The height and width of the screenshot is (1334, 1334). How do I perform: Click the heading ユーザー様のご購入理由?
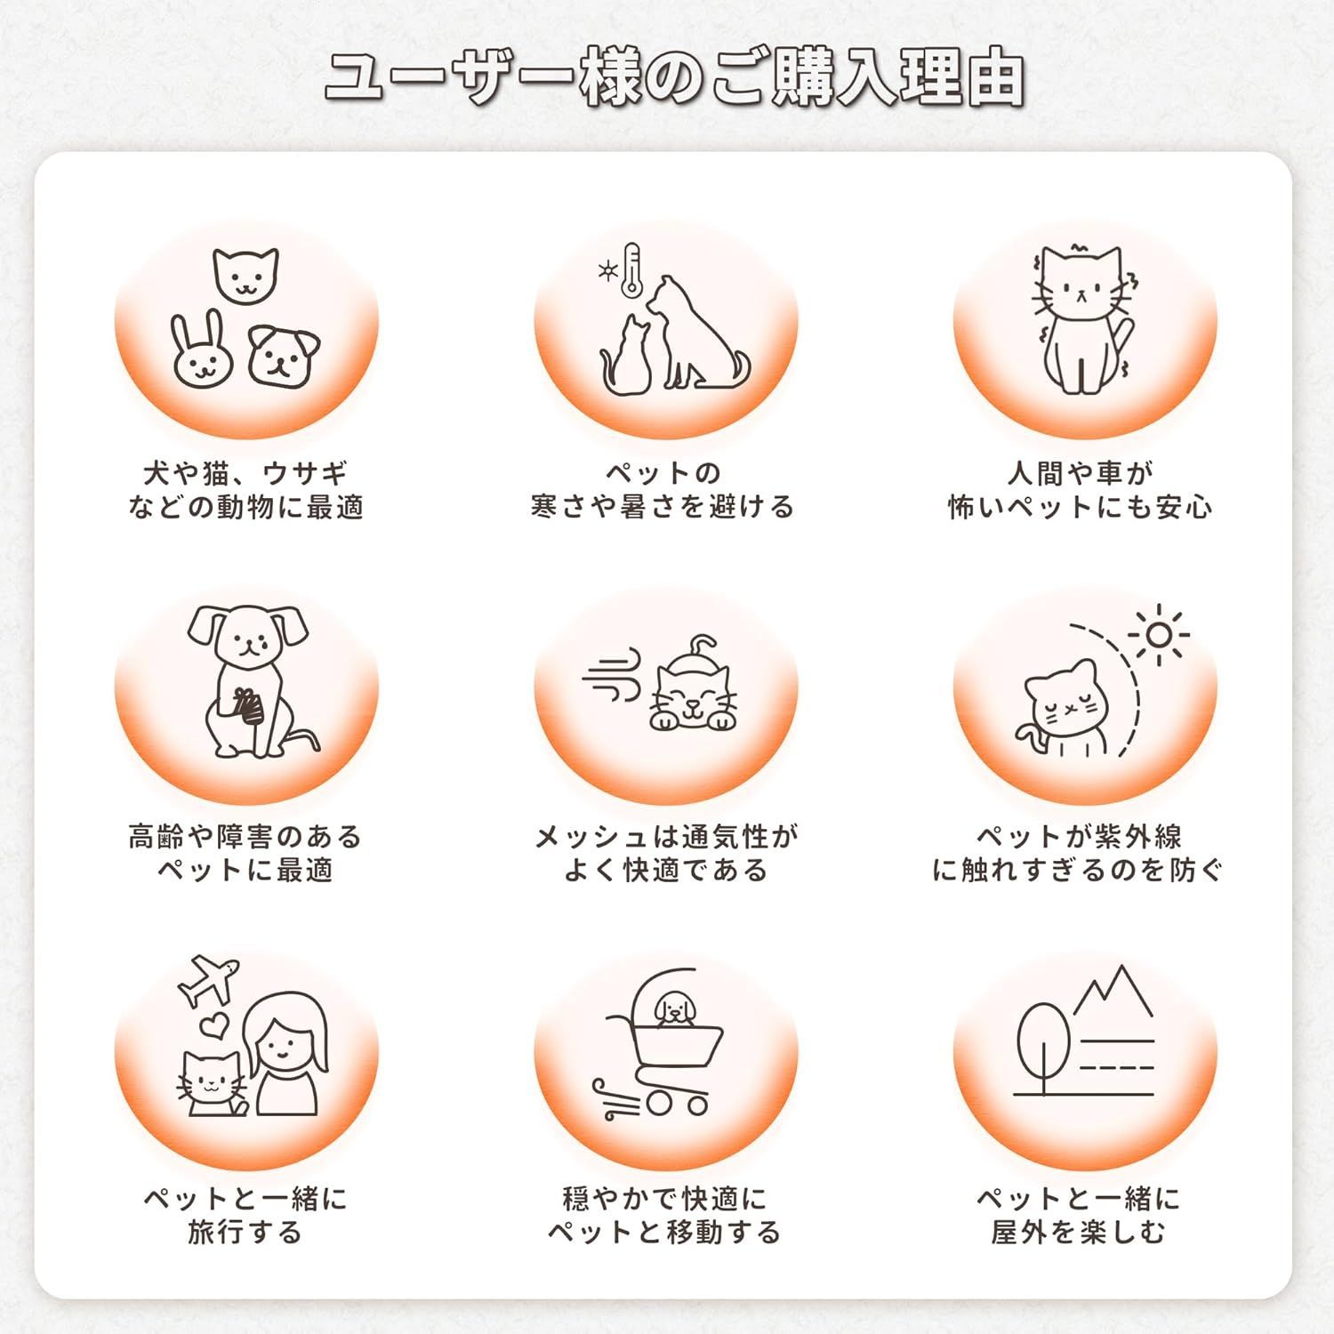coord(674,80)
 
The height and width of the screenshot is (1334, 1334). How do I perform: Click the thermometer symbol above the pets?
coord(631,269)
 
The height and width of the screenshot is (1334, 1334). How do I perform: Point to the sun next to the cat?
coord(1158,634)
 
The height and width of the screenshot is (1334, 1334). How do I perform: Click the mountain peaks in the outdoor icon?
coord(1113,991)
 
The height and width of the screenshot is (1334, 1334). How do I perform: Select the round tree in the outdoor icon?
coord(1042,1041)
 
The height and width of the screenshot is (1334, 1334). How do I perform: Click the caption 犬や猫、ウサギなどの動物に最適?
coord(245,490)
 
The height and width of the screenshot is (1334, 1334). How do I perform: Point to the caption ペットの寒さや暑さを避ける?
coord(663,490)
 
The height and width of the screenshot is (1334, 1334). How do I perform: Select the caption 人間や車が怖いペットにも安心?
coord(1081,490)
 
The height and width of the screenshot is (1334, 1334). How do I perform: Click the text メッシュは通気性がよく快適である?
coord(666,853)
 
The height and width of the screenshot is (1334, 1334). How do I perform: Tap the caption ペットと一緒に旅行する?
coord(245,1216)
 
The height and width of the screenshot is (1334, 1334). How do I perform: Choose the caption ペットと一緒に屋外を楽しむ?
coord(1079,1216)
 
